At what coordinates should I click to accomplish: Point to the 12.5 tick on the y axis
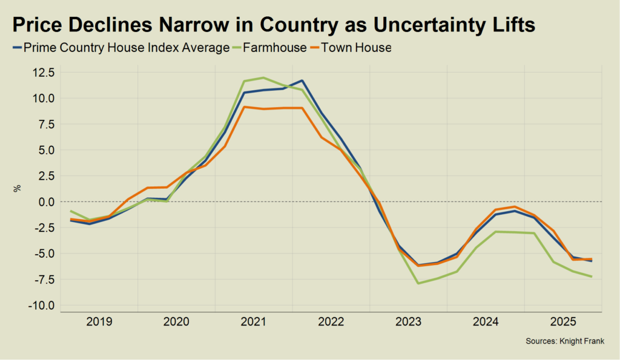point(43,73)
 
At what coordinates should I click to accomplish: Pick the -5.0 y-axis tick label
point(44,254)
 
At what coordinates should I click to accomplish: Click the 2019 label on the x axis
point(99,321)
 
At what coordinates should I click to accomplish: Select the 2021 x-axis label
point(254,321)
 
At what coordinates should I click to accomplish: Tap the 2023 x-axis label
point(408,321)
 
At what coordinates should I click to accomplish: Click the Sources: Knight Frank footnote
point(564,342)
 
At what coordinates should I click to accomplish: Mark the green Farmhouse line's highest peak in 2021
point(263,77)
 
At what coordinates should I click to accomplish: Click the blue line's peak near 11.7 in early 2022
point(302,80)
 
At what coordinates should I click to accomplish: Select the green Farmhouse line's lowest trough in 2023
point(418,283)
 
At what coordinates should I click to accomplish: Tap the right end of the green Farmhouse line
point(592,277)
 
